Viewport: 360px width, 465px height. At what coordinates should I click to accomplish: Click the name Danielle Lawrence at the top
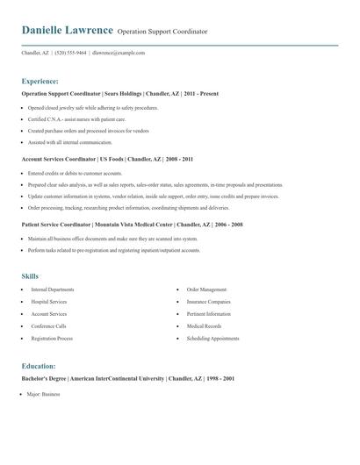click(67, 31)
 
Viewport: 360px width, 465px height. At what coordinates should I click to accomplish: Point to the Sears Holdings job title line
click(119, 94)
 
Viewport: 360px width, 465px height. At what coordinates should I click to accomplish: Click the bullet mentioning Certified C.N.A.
click(76, 118)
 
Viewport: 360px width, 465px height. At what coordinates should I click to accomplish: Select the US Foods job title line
click(107, 160)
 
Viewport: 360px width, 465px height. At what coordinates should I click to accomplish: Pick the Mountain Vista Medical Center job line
click(132, 225)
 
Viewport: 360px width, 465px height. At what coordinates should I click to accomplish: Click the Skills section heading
click(30, 275)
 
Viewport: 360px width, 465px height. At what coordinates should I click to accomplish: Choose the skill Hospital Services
click(49, 302)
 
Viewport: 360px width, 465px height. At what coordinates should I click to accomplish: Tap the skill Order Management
click(206, 290)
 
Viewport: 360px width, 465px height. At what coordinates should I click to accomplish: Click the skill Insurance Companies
click(209, 302)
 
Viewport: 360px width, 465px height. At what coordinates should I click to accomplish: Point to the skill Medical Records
click(204, 326)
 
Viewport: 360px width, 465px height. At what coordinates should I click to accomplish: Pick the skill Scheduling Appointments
click(212, 339)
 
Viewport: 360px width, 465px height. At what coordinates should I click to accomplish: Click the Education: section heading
click(39, 366)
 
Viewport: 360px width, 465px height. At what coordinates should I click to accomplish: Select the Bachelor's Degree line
click(128, 379)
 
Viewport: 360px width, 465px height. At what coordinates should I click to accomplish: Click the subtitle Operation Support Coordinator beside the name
click(162, 32)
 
